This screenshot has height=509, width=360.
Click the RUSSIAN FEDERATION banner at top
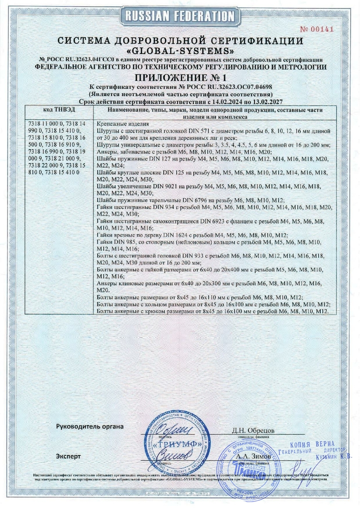[x=180, y=17]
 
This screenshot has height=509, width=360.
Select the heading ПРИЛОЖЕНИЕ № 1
[x=180, y=77]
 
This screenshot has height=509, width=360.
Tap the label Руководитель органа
[x=90, y=426]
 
